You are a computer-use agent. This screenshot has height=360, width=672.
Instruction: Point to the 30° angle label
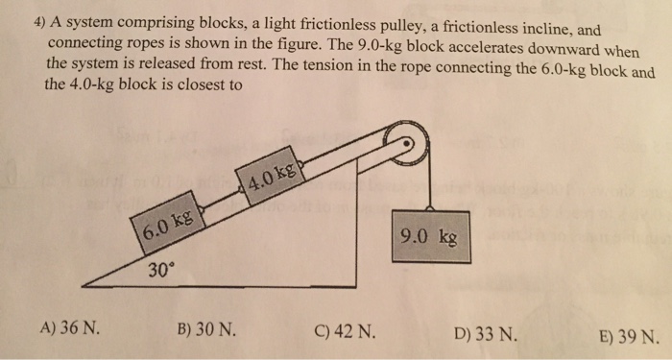point(161,270)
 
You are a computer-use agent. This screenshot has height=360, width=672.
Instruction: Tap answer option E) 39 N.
point(626,337)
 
